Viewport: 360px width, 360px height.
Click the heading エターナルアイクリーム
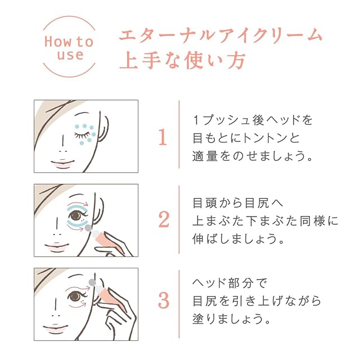coord(220,35)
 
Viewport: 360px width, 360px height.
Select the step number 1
coord(163,137)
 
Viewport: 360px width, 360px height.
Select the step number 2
coord(163,220)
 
